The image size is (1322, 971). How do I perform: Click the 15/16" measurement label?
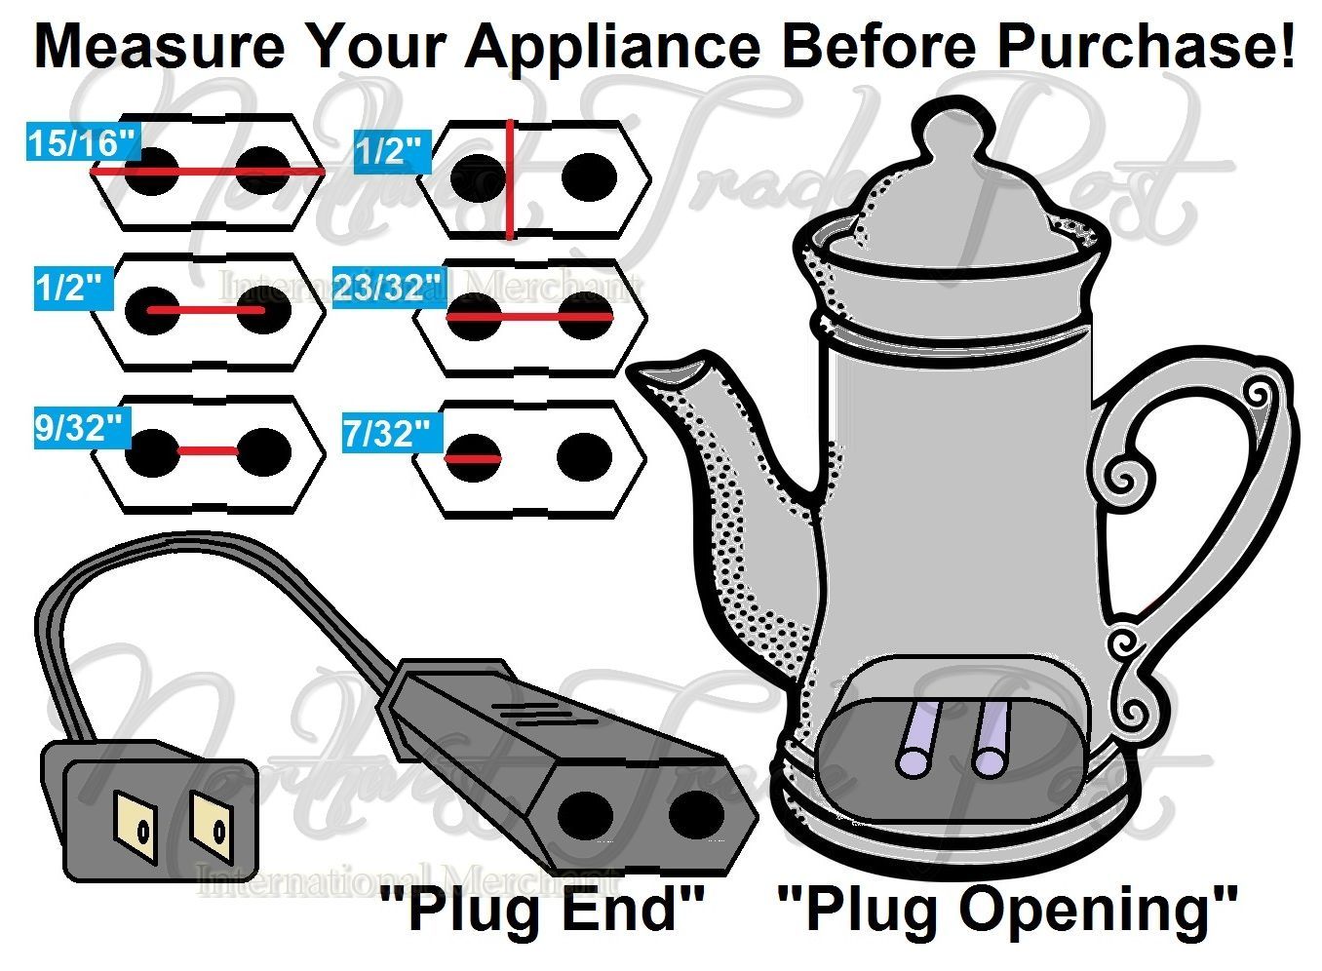(x=81, y=144)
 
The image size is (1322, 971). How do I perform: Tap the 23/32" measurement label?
(x=388, y=289)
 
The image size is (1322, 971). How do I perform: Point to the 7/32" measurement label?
(x=387, y=433)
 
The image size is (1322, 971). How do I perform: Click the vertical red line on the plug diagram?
(x=509, y=180)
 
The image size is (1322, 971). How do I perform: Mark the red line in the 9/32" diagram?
(x=208, y=451)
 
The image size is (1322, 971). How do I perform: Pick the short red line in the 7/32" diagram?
(x=473, y=457)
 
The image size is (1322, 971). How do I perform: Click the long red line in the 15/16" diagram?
(x=208, y=171)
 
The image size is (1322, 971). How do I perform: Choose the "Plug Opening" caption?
(x=1007, y=910)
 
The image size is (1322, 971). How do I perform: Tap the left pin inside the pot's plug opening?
(x=922, y=742)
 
